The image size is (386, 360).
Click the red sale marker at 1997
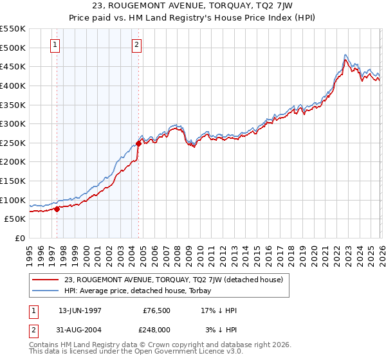coord(57,208)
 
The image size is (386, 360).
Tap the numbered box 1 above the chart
coord(55,44)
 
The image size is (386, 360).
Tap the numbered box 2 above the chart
coord(138,44)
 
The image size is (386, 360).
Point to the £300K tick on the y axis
coord(14,123)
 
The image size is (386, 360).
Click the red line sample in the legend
coord(46,280)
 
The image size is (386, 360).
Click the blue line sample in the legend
coord(46,291)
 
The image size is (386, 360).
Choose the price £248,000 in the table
coord(156,328)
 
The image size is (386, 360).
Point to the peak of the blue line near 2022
coord(345,55)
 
